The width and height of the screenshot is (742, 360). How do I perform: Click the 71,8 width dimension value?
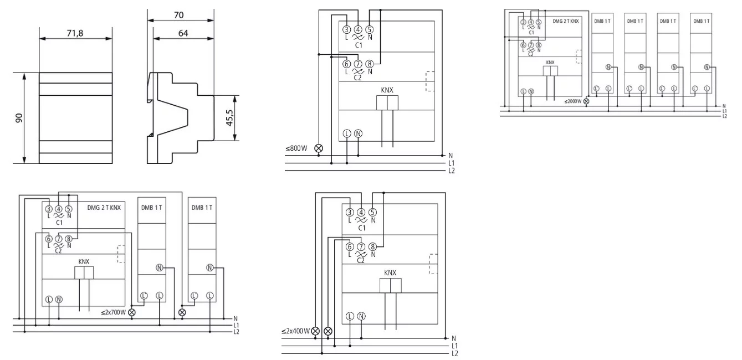[x=75, y=34]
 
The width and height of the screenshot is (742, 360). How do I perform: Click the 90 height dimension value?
[x=19, y=119]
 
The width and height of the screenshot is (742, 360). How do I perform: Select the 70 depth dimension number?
[x=178, y=16]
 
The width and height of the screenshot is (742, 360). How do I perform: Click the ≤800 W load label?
[x=296, y=148]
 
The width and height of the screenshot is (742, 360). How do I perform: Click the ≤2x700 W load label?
[x=113, y=312]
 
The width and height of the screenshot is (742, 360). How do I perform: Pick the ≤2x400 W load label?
[x=295, y=331]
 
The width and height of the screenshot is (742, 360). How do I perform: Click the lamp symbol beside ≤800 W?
[x=319, y=148]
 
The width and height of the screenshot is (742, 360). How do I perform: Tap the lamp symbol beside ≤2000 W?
[x=586, y=101]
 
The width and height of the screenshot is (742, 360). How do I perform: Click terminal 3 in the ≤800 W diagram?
[x=346, y=30]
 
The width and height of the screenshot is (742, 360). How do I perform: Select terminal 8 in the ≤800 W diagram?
[x=370, y=64]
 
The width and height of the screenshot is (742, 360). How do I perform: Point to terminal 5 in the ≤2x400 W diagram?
[x=372, y=212]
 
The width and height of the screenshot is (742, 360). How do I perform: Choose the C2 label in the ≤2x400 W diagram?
[x=361, y=260]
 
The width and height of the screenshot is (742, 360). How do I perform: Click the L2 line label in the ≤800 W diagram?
[x=452, y=171]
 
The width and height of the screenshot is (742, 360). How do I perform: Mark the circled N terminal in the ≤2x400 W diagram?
[x=361, y=316]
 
